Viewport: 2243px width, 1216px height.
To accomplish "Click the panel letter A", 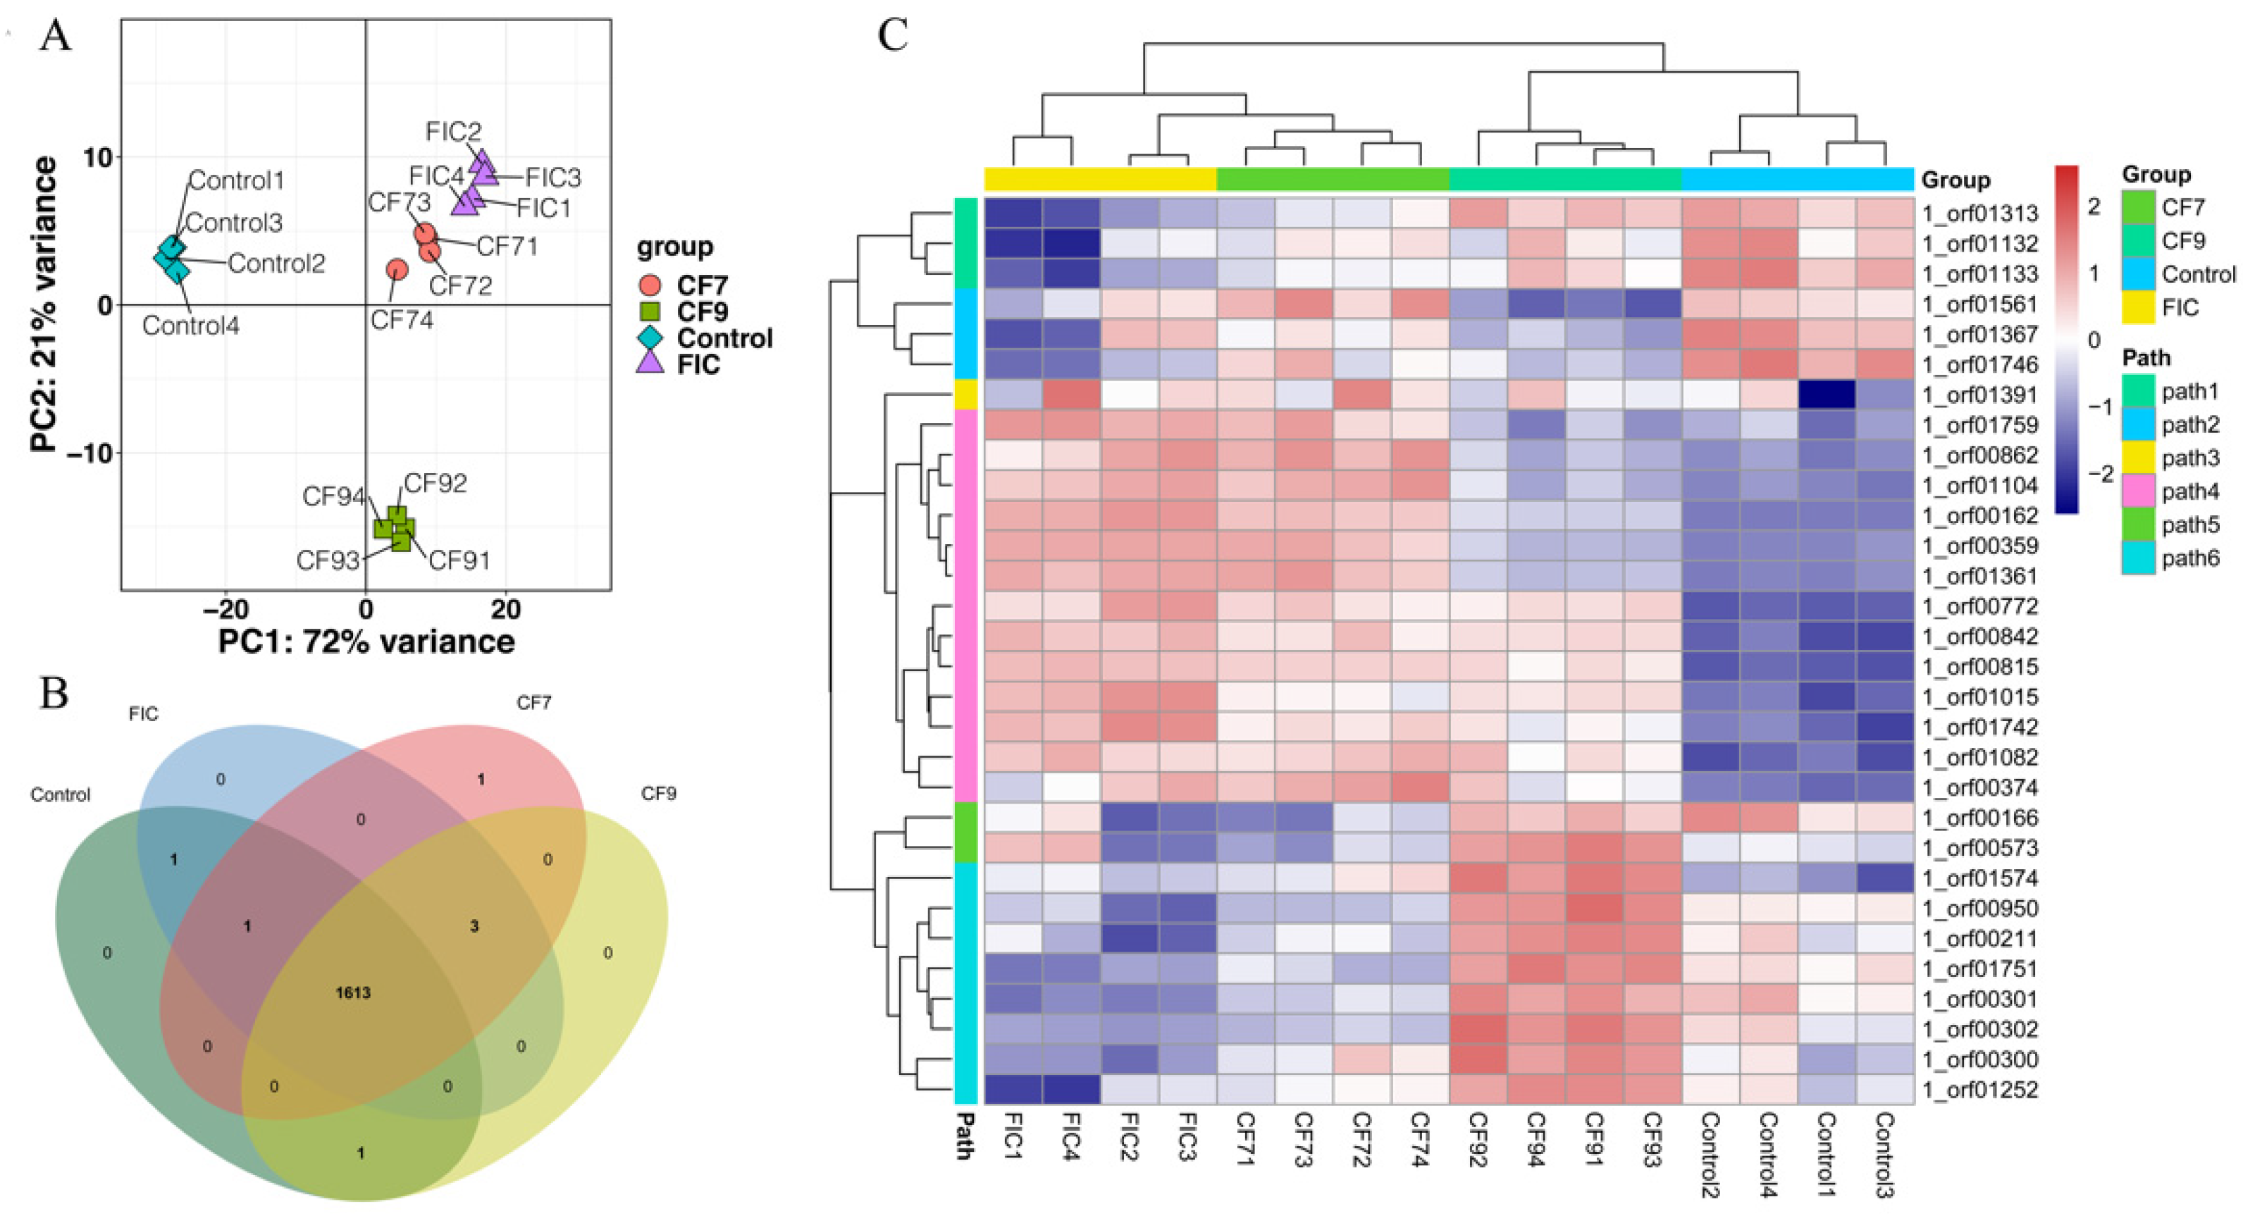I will pyautogui.click(x=55, y=37).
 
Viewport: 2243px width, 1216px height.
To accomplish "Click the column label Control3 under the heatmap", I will pyautogui.click(x=1884, y=1154).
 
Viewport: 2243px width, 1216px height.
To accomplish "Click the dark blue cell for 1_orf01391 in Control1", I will pyautogui.click(x=1827, y=395).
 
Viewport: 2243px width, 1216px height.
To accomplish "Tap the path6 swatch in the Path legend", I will pyautogui.click(x=2137, y=558).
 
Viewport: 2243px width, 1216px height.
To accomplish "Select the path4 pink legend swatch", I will pyautogui.click(x=2137, y=491).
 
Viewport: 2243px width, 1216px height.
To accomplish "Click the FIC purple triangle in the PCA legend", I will pyautogui.click(x=650, y=363).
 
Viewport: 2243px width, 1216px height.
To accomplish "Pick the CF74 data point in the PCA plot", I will pyautogui.click(x=397, y=270).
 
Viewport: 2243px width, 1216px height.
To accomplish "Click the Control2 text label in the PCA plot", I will pyautogui.click(x=276, y=263).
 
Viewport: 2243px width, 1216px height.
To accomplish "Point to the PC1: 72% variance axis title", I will pyautogui.click(x=366, y=642).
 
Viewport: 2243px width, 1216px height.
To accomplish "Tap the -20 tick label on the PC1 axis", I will pyautogui.click(x=225, y=609).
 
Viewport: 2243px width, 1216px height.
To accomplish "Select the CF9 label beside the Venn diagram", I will pyautogui.click(x=658, y=794).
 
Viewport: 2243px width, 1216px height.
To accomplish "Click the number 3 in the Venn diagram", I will pyautogui.click(x=474, y=927).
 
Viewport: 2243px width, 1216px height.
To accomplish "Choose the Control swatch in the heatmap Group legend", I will pyautogui.click(x=2137, y=274).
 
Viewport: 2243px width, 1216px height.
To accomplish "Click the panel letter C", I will pyautogui.click(x=894, y=37).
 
